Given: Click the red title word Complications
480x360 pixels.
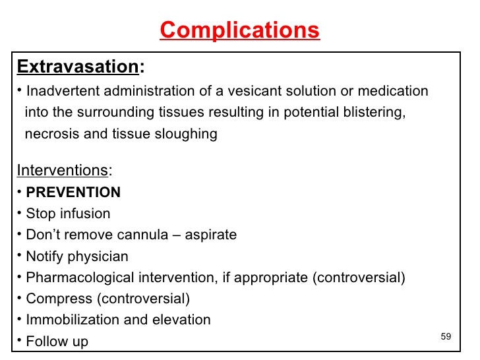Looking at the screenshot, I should point(239,30).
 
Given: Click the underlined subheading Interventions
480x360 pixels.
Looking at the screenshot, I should point(63,171).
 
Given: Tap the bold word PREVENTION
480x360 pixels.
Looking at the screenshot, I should point(73,193).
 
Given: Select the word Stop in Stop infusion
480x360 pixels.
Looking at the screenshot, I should point(40,214).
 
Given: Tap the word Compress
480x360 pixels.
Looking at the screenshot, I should point(58,299).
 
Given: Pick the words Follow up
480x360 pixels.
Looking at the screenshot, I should point(57,342).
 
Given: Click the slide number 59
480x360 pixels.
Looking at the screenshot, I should point(446,337).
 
